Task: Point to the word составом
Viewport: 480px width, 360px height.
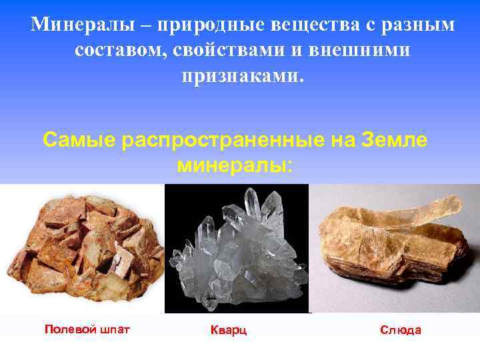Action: pyautogui.click(x=117, y=51)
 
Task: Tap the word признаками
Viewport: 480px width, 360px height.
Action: pyautogui.click(x=241, y=75)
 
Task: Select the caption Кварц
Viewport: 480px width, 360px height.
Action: pyautogui.click(x=229, y=330)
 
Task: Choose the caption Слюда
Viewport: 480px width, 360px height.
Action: pyautogui.click(x=401, y=330)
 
